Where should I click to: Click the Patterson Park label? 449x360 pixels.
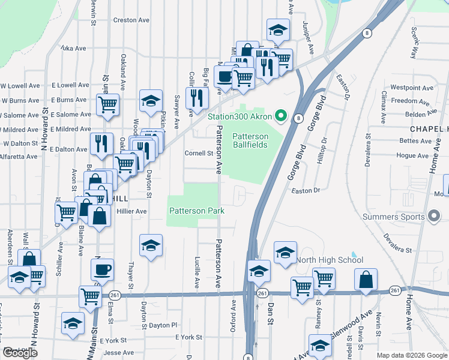pos(196,211)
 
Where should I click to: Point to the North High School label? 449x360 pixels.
pos(329,260)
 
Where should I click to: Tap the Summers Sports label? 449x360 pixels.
pos(394,216)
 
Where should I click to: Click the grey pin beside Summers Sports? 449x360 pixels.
pos(434,217)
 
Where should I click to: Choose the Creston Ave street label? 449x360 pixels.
pos(131,20)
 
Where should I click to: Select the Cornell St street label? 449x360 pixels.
pos(199,153)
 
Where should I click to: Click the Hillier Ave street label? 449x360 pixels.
pos(132,211)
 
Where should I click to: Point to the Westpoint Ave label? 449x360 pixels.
pos(411,88)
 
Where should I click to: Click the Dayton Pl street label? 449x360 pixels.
pos(163,325)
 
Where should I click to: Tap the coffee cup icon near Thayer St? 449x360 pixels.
pos(102,269)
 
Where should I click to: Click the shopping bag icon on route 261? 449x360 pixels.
pos(366,279)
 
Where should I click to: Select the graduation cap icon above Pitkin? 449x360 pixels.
pos(151,100)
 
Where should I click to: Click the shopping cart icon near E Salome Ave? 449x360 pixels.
pos(107,104)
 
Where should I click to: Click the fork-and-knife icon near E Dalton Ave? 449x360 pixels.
pos(101,143)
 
